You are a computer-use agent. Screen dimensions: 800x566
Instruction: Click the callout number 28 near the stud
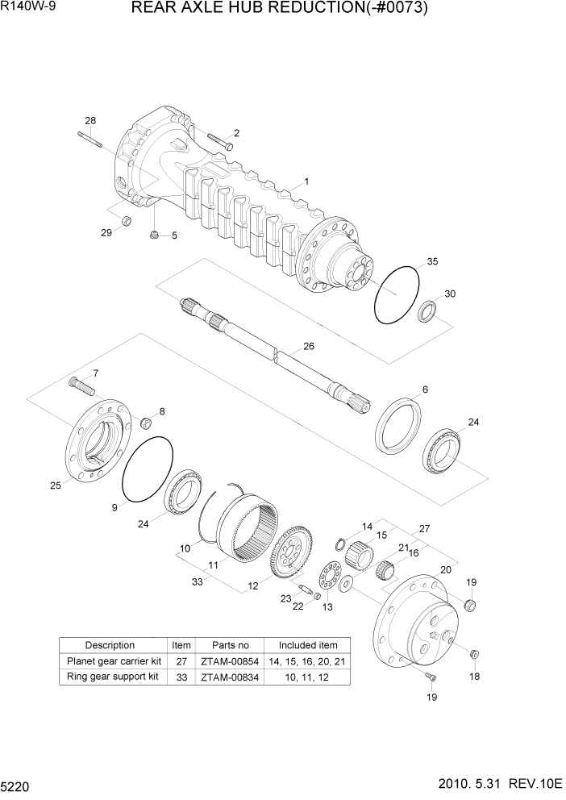click(90, 121)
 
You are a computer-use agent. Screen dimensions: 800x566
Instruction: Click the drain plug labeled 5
click(153, 235)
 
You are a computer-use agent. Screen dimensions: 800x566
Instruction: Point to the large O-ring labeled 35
click(397, 295)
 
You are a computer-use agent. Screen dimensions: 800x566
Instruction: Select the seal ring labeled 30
click(428, 310)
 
